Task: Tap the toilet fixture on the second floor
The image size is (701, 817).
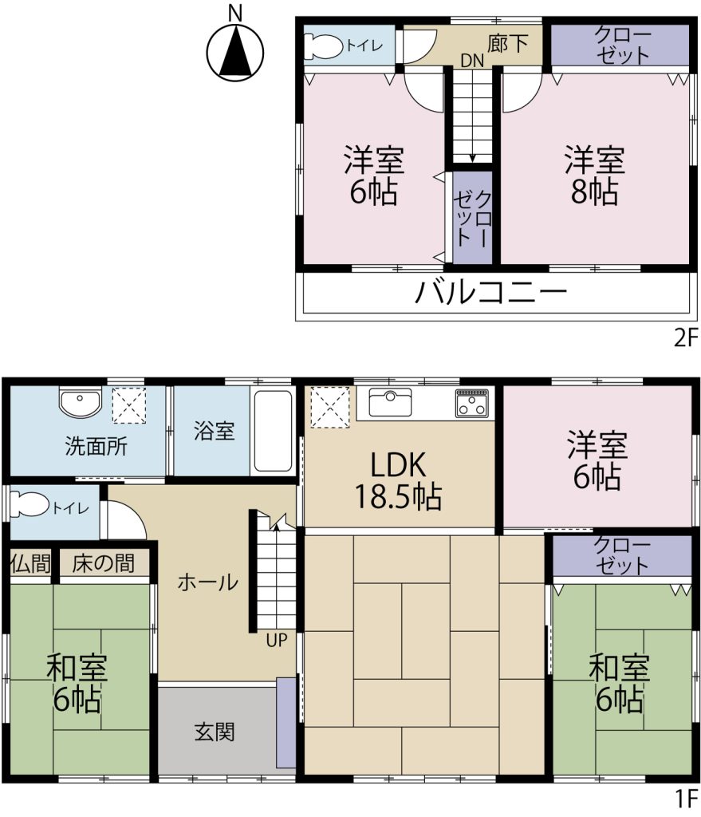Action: pos(322,46)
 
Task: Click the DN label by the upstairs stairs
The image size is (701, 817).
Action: pos(471,60)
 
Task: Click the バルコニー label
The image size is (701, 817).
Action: pos(491,294)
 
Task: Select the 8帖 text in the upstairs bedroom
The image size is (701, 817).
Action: pos(595,192)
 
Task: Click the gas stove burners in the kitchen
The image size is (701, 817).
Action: pos(471,404)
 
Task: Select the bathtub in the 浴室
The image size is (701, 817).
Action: pos(272,432)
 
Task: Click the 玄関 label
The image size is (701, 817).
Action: pos(215,732)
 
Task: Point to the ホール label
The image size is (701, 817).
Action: pos(207,582)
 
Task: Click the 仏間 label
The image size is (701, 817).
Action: pos(30,563)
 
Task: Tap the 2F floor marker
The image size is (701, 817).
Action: pos(685,338)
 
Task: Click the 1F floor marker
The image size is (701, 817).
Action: pos(685,798)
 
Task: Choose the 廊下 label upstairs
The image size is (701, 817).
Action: pos(508,43)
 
